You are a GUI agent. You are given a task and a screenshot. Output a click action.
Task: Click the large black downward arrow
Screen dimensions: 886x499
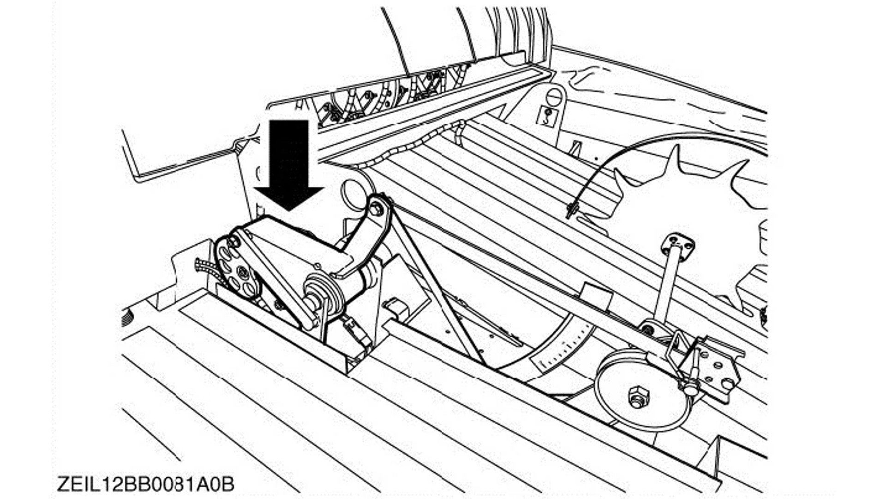tap(289, 162)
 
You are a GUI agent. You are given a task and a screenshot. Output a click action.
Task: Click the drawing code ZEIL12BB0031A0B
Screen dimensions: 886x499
tap(146, 484)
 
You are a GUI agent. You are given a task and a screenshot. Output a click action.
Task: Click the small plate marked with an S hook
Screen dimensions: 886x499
tap(548, 116)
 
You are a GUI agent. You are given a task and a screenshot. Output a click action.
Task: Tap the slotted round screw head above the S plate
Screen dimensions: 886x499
tap(554, 97)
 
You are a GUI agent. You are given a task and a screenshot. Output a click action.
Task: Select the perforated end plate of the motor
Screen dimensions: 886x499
tap(235, 268)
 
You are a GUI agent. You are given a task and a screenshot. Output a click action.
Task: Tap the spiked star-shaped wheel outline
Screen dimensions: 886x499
tap(692, 222)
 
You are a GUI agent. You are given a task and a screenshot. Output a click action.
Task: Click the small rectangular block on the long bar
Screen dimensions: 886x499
tap(596, 296)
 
